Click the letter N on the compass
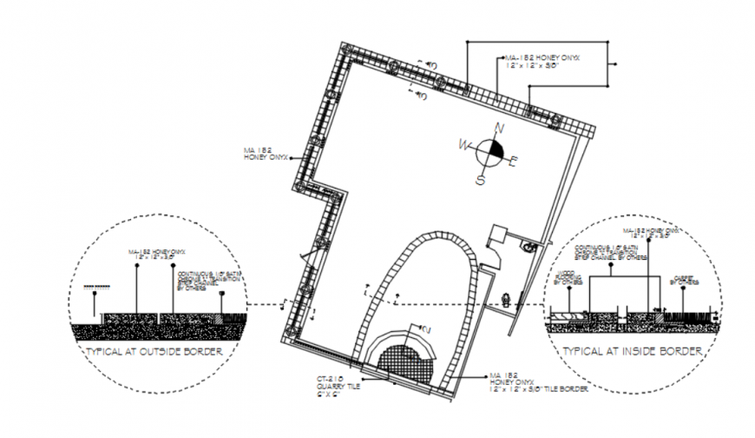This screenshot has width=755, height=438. (x=499, y=129)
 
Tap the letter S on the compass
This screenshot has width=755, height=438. (x=479, y=180)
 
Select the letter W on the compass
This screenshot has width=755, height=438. (x=464, y=144)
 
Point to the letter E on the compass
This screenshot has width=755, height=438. (x=513, y=160)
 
